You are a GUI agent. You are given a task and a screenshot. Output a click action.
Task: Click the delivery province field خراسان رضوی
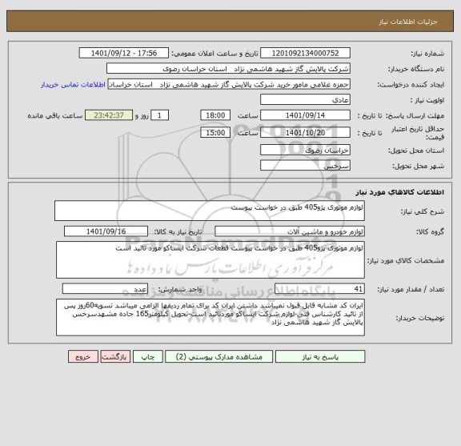click(x=305, y=150)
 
